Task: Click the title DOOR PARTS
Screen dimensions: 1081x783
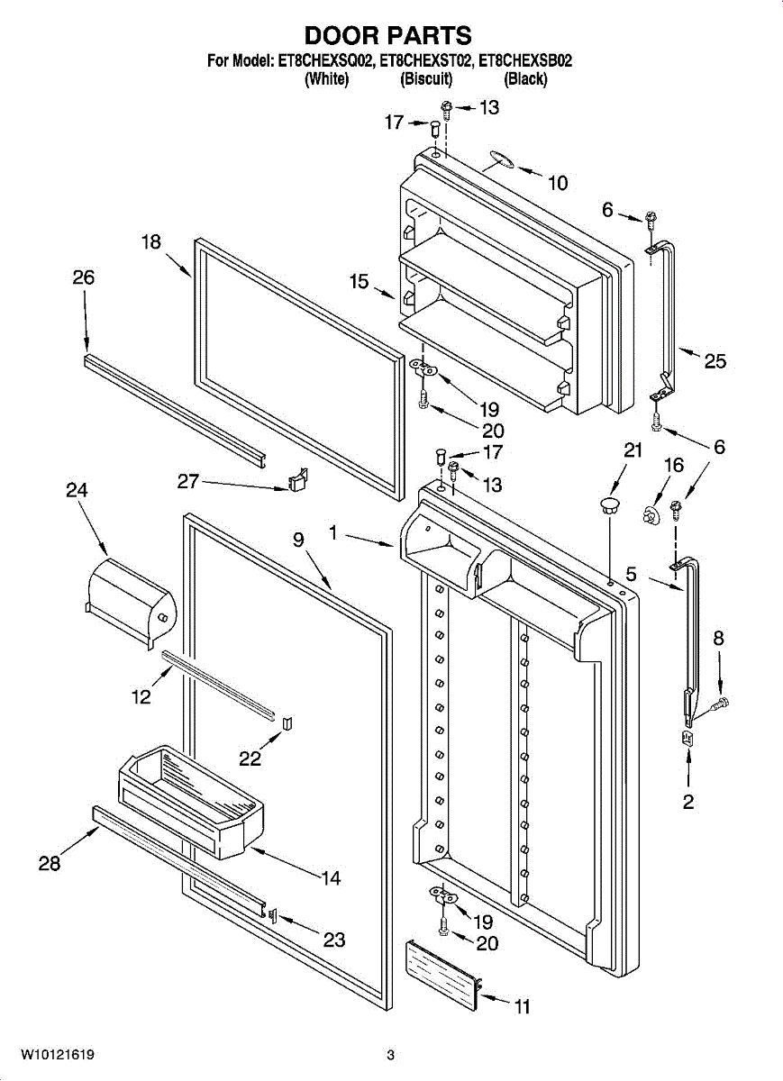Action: pyautogui.click(x=387, y=35)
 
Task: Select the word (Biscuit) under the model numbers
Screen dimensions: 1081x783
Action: pyautogui.click(x=425, y=79)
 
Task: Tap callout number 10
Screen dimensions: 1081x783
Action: pyautogui.click(x=558, y=184)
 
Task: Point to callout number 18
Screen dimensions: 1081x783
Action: pyautogui.click(x=150, y=241)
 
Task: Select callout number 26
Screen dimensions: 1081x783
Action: pyautogui.click(x=83, y=277)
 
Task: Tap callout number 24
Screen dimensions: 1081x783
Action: pyautogui.click(x=77, y=490)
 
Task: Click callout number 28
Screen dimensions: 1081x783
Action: pyautogui.click(x=50, y=864)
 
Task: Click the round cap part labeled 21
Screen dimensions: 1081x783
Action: pyautogui.click(x=610, y=503)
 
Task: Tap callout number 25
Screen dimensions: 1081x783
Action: pyautogui.click(x=715, y=361)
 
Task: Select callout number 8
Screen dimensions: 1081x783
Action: pyautogui.click(x=718, y=639)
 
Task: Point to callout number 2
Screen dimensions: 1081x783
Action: pyautogui.click(x=688, y=802)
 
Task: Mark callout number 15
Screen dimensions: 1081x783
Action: pyautogui.click(x=360, y=282)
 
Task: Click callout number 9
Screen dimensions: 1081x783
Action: pyautogui.click(x=298, y=540)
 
